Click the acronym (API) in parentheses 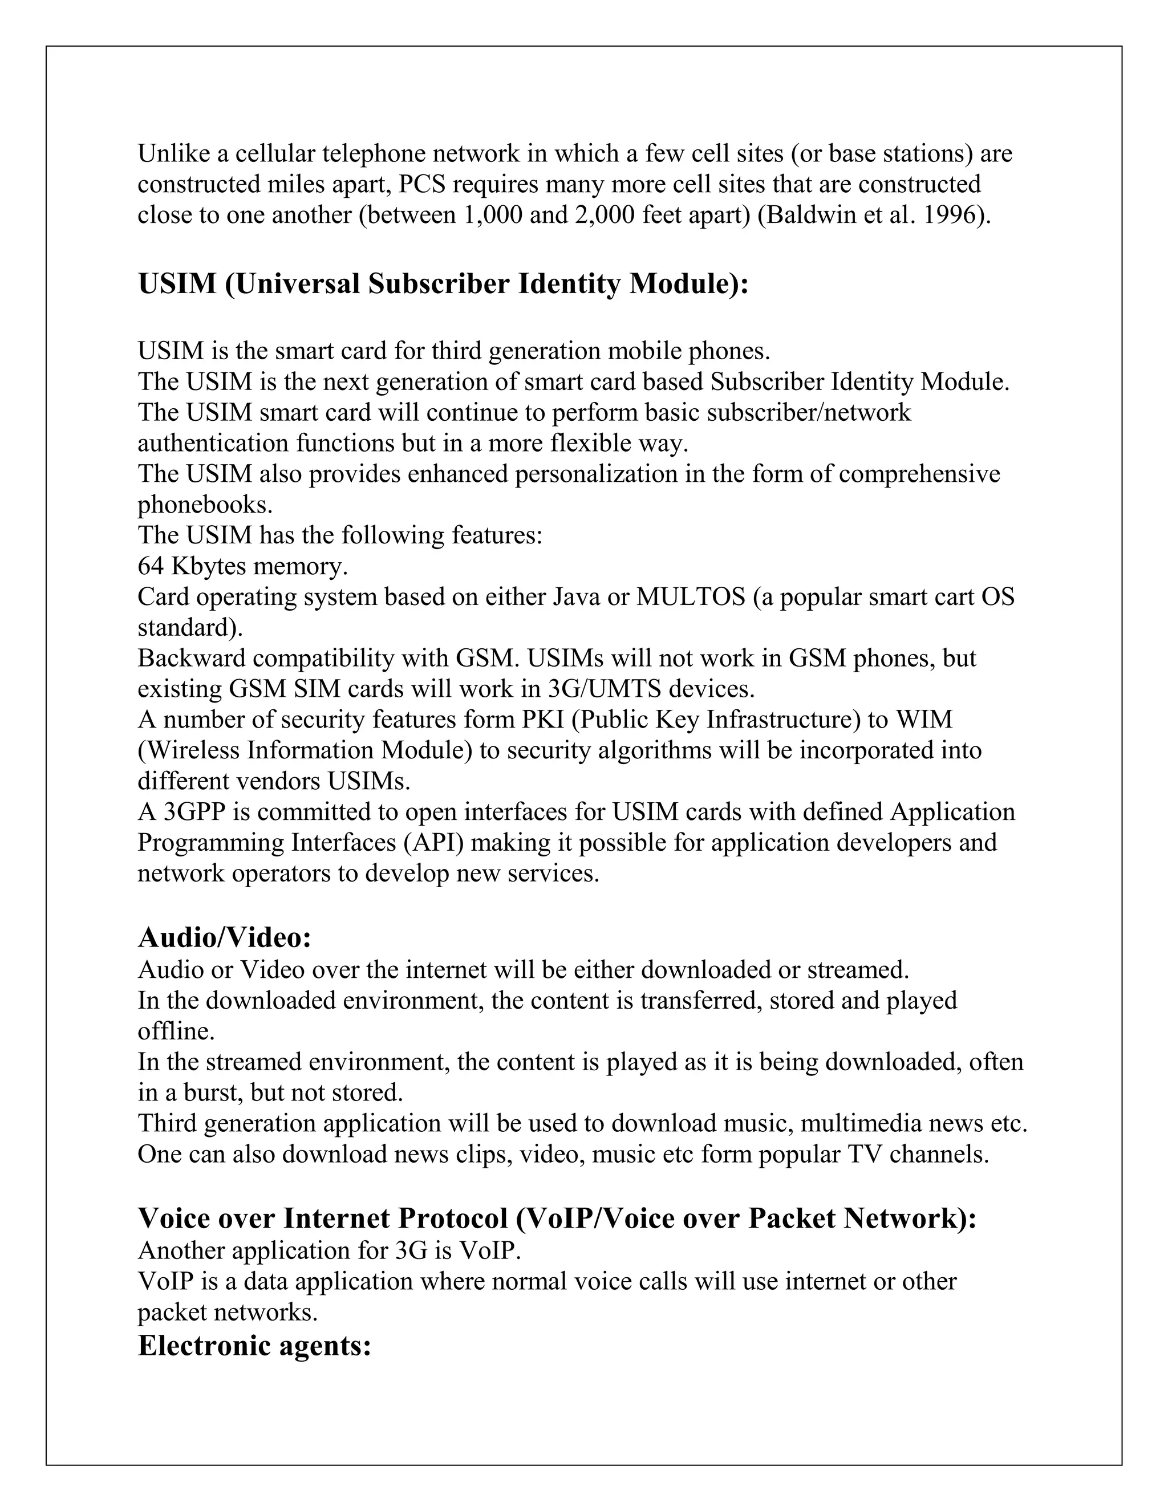click(x=435, y=843)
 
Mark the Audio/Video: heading click(x=225, y=937)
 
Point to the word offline click(x=176, y=1031)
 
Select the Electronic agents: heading click(x=254, y=1345)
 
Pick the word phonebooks click(x=205, y=505)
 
